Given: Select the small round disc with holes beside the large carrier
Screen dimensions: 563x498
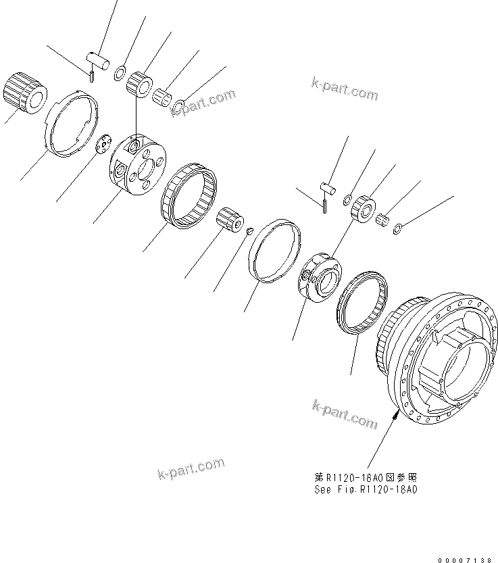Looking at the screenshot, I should coord(103,144).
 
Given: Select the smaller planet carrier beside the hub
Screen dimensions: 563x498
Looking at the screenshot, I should coord(317,274).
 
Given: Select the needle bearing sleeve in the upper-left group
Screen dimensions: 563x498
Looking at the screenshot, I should coord(163,95).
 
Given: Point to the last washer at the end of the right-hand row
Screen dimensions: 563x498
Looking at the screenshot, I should coord(399,227).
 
